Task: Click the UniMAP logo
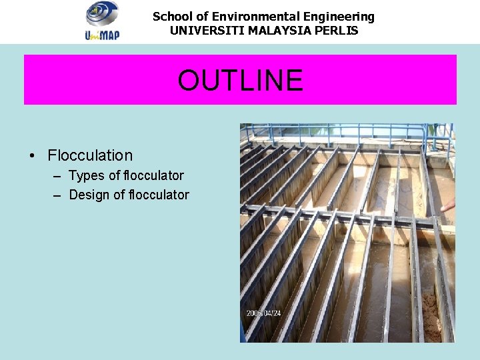(x=103, y=21)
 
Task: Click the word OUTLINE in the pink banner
(x=240, y=81)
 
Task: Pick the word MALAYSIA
(x=277, y=31)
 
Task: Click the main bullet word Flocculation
(x=90, y=155)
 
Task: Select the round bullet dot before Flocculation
(x=32, y=156)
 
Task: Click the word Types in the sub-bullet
(x=87, y=176)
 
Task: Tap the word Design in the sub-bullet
(x=90, y=195)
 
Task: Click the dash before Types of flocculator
(x=56, y=177)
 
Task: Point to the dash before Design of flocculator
(x=56, y=196)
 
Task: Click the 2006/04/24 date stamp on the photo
(x=265, y=313)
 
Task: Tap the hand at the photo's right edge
(x=448, y=204)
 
